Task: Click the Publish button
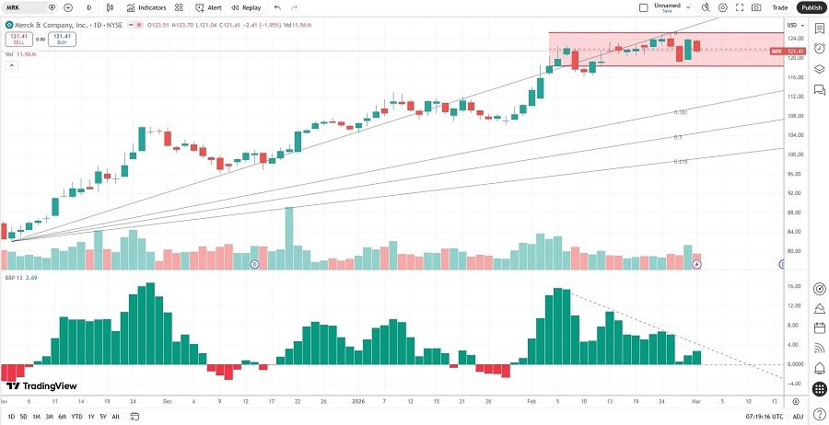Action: coord(811,7)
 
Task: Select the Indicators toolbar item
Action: coord(146,7)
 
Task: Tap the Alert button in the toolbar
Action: coord(209,7)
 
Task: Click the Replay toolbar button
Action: coord(247,7)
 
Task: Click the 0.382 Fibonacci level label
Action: coord(681,112)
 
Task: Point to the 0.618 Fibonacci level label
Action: coord(681,161)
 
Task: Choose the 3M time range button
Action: coord(49,417)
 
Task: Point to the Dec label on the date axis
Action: coord(167,402)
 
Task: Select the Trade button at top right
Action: coord(779,7)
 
